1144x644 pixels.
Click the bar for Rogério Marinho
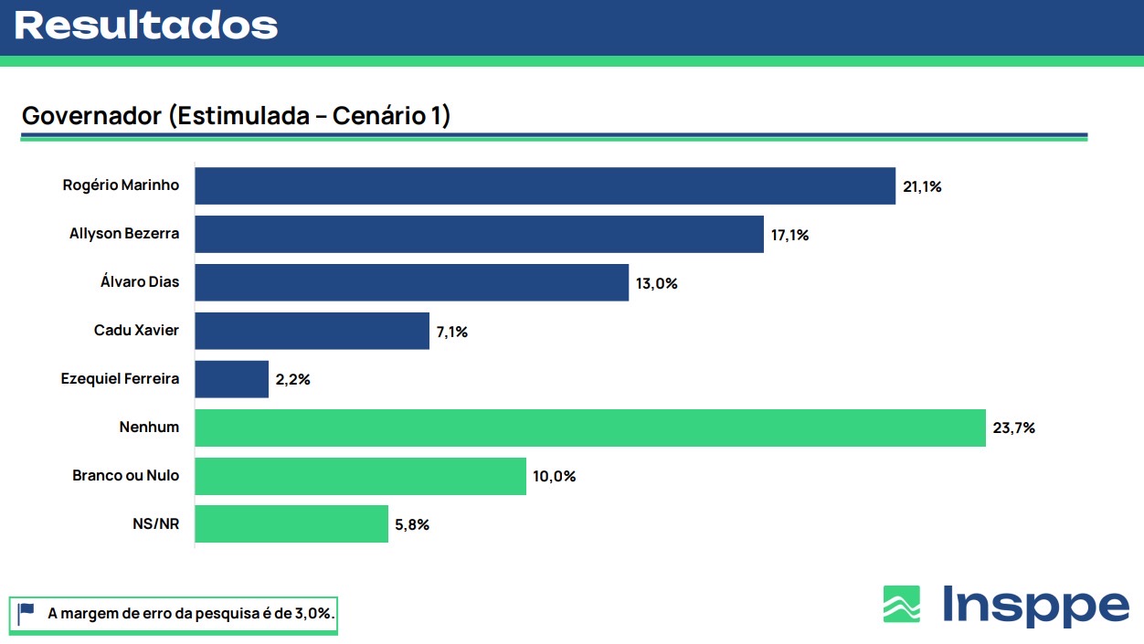545,185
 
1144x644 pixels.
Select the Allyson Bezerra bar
479,234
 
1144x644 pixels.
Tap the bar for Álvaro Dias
411,282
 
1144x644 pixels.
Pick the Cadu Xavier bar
312,331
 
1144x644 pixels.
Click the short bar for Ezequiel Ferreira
231,379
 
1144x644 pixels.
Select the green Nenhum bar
590,428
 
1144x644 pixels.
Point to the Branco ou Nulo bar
360,476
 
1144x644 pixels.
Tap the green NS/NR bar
291,524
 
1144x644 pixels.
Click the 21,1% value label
922,186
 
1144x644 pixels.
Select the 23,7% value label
1015,428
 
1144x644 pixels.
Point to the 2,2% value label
292,379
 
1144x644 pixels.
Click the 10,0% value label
556,476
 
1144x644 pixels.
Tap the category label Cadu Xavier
136,330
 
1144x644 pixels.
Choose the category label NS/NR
155,524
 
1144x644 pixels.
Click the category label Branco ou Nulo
126,476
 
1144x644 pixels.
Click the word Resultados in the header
146,26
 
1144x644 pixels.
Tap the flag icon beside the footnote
26,614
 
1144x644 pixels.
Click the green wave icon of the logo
901,604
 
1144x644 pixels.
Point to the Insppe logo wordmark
1035,606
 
